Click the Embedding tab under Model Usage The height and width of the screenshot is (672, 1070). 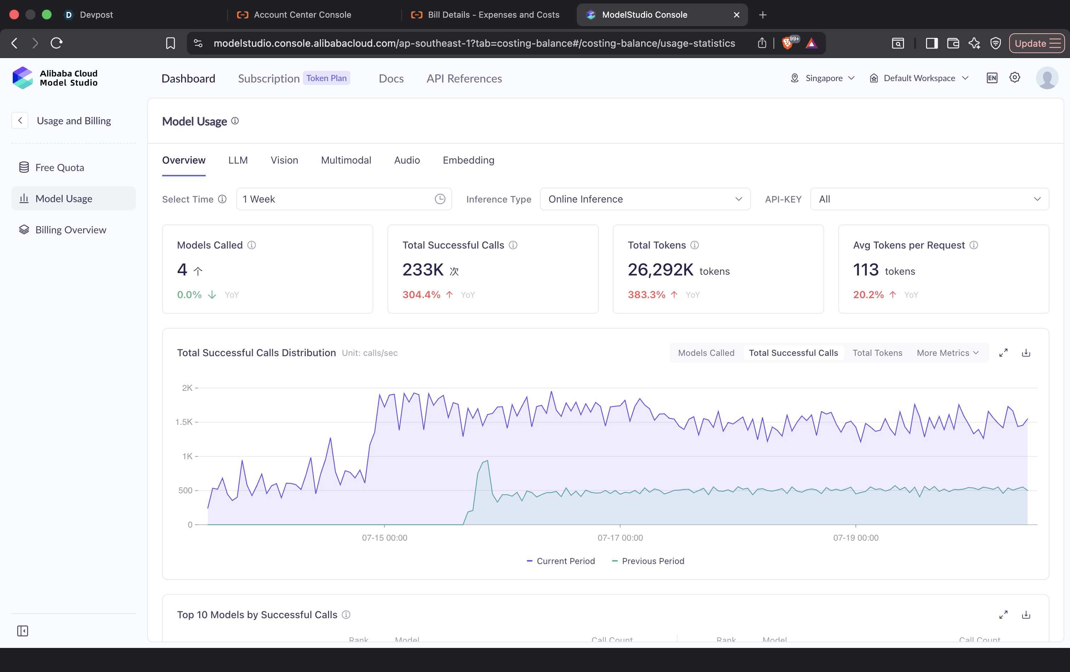pos(468,160)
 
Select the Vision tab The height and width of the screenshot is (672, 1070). pos(284,160)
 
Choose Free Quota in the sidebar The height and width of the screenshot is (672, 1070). pos(59,167)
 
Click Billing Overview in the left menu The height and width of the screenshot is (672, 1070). pos(71,230)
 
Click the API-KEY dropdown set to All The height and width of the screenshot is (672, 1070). pos(929,199)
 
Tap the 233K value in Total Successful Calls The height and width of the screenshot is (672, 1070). pos(423,270)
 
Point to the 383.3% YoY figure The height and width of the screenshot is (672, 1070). pos(646,295)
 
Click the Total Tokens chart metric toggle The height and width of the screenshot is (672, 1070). pos(877,353)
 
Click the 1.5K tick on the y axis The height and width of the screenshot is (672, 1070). pos(184,422)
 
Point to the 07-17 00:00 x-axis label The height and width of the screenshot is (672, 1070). pos(620,538)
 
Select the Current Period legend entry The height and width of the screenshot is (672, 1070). pos(560,561)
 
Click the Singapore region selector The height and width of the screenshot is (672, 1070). pos(823,78)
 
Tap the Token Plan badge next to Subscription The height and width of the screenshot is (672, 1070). pos(327,78)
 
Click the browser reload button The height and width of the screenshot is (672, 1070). pos(56,43)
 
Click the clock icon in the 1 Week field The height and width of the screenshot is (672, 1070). pos(440,199)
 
